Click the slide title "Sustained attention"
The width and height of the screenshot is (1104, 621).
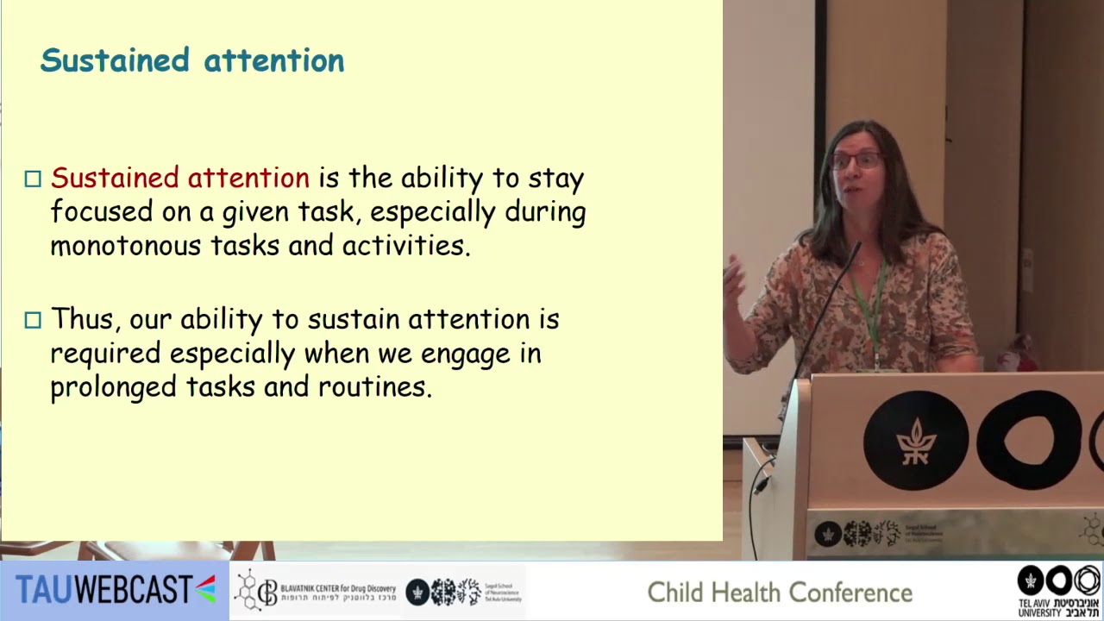[191, 60]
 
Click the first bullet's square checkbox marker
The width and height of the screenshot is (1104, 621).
[33, 179]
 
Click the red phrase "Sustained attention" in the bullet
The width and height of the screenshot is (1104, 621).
[179, 178]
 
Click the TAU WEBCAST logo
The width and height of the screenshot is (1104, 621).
[115, 590]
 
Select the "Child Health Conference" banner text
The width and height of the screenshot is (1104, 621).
[779, 593]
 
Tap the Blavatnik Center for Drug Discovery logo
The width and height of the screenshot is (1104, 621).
[316, 591]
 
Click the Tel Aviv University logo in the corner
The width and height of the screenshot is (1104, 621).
[1058, 591]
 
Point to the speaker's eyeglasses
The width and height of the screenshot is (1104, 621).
[856, 160]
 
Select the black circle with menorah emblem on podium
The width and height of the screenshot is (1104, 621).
[915, 440]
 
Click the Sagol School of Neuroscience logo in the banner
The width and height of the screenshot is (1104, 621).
[464, 592]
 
